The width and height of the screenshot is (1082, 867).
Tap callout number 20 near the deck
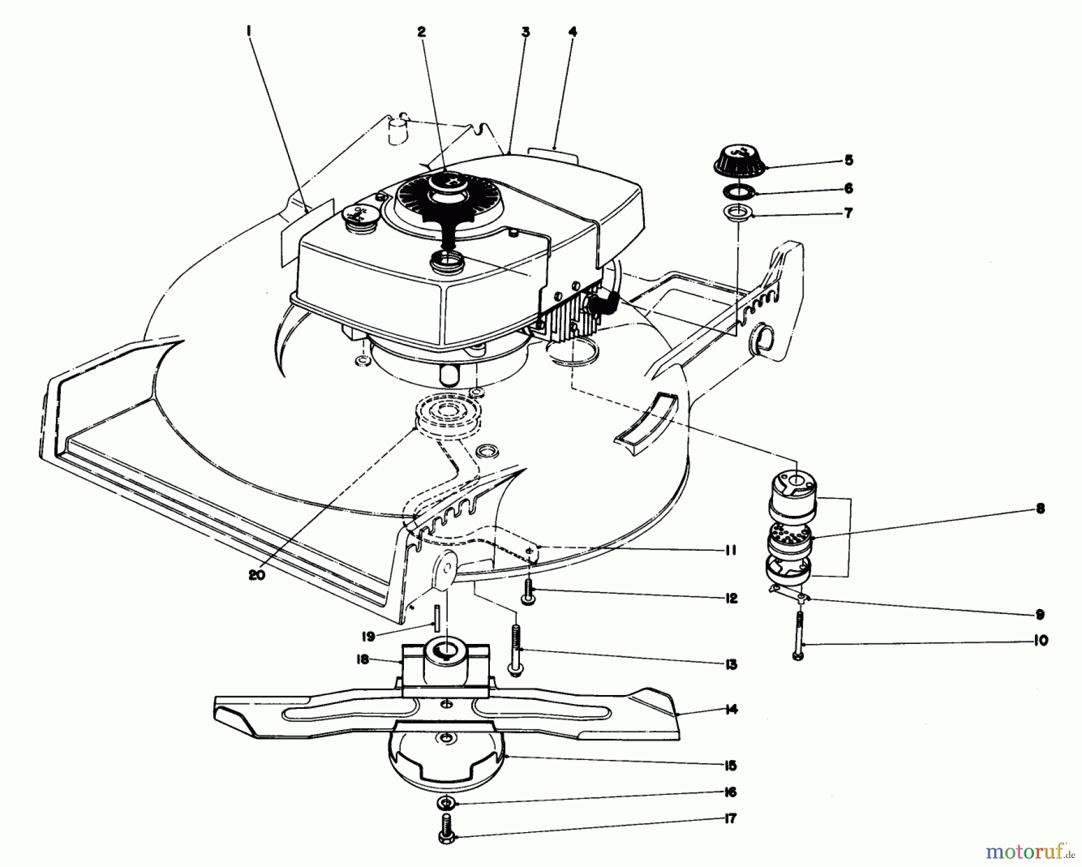click(x=256, y=574)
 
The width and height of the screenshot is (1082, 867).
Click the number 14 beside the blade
click(x=731, y=709)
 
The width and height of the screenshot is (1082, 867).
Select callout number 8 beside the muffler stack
click(x=1041, y=509)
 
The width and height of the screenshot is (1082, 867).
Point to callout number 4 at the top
click(x=572, y=32)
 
